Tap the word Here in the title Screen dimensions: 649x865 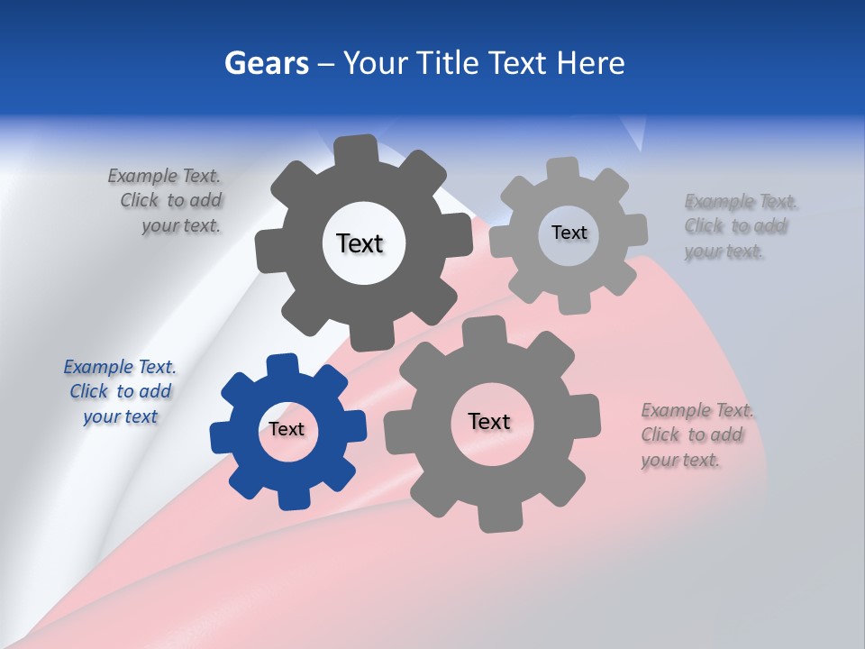[x=590, y=63]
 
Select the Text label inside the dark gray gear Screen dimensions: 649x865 [x=360, y=243]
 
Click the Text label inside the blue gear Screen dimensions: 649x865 [x=287, y=429]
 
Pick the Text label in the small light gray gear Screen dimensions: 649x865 [x=569, y=233]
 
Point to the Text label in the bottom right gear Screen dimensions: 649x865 [x=489, y=421]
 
